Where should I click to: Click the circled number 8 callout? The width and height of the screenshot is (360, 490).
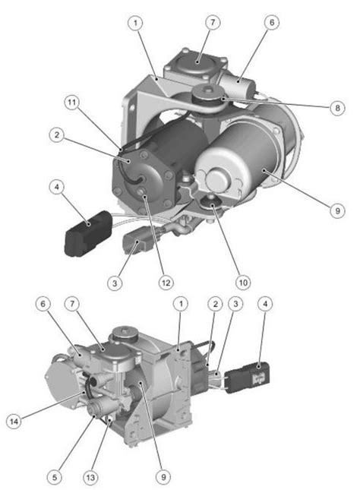pos(336,109)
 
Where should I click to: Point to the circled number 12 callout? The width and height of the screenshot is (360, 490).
pos(166,283)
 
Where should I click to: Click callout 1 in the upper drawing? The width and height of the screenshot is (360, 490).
pos(136,24)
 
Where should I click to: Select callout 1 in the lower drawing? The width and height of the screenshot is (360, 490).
pos(181,304)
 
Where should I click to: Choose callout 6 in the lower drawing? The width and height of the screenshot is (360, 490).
pos(44,304)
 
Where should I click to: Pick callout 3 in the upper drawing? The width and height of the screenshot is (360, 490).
pos(115,283)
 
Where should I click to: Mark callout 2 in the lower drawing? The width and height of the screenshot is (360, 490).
pos(216,304)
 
